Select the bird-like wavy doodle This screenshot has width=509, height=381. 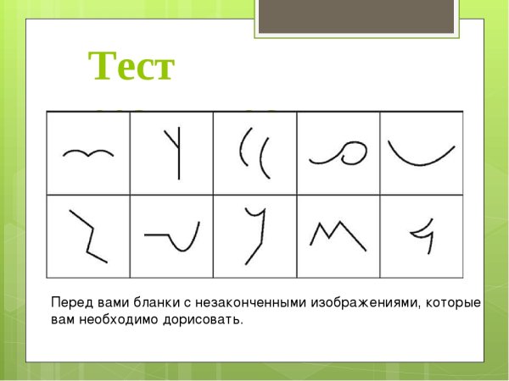(88, 153)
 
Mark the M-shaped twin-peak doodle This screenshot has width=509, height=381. (338, 235)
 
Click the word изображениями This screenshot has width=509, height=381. (367, 303)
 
